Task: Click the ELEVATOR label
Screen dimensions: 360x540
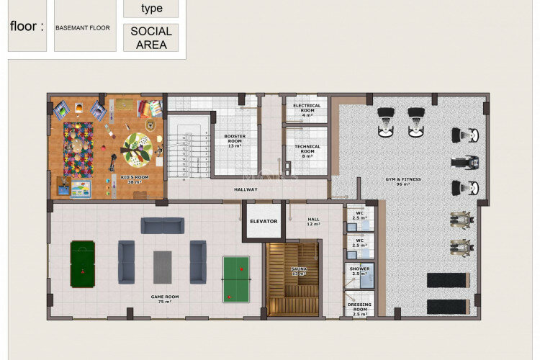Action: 264,221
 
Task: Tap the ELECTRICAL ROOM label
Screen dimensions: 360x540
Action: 307,109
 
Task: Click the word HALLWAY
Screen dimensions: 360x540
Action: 246,189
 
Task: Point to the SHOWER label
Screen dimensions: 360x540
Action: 359,271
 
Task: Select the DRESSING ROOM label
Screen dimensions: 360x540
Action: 359,308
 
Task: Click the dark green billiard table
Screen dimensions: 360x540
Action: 81,264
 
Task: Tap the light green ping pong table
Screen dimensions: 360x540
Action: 236,279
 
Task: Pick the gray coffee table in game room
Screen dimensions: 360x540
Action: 162,266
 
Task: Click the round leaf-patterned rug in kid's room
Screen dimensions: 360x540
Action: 136,150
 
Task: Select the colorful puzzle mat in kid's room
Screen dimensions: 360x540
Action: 78,149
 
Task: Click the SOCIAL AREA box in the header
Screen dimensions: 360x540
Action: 151,37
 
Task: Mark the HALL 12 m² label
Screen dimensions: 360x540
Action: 314,222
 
